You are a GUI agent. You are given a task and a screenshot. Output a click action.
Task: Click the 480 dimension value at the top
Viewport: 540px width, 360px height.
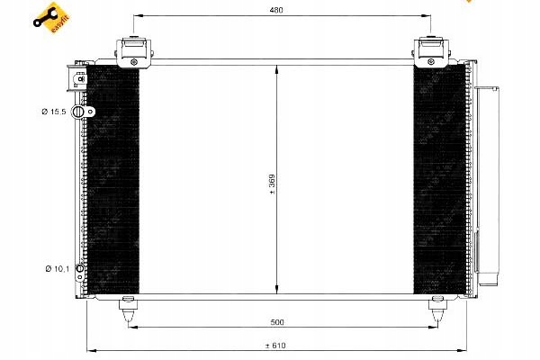276,10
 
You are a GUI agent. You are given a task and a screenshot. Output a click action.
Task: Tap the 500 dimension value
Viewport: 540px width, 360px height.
277,322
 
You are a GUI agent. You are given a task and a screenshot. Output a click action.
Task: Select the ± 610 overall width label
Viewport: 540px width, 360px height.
275,346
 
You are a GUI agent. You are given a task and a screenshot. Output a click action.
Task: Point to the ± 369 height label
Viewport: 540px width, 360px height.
272,184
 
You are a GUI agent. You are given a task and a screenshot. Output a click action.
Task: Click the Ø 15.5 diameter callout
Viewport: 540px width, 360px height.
54,112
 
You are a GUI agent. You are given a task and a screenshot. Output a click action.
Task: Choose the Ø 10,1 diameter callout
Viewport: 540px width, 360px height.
58,268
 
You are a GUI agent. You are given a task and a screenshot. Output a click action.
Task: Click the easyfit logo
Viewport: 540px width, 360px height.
51,18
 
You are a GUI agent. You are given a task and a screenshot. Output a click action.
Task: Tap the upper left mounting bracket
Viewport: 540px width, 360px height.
133,52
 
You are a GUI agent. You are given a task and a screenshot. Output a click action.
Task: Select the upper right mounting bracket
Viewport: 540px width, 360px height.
431,52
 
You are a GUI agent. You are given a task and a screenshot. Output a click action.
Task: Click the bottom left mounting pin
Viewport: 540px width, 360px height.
128,309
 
